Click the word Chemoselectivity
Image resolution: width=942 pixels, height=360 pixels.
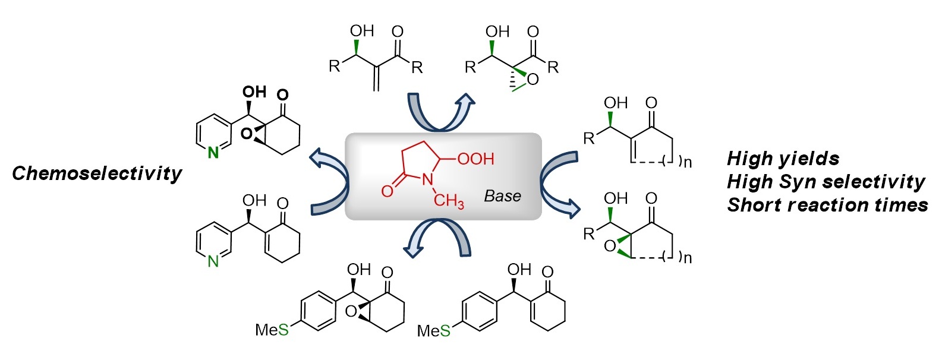click(97, 173)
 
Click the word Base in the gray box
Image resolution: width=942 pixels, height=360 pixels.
click(502, 196)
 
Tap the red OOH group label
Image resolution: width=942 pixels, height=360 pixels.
click(476, 159)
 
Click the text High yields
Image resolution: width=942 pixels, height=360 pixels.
click(783, 159)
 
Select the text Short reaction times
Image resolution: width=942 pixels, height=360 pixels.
click(827, 205)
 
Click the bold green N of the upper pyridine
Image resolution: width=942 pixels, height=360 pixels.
click(213, 153)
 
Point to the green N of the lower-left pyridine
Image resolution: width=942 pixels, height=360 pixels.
click(213, 261)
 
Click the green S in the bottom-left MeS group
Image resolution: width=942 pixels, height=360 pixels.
click(283, 330)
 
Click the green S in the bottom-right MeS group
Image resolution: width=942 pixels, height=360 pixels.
click(445, 331)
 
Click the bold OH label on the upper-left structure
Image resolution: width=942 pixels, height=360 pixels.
click(254, 92)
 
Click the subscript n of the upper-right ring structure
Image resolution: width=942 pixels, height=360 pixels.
click(688, 162)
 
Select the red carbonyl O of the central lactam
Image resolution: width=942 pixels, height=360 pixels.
click(387, 191)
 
